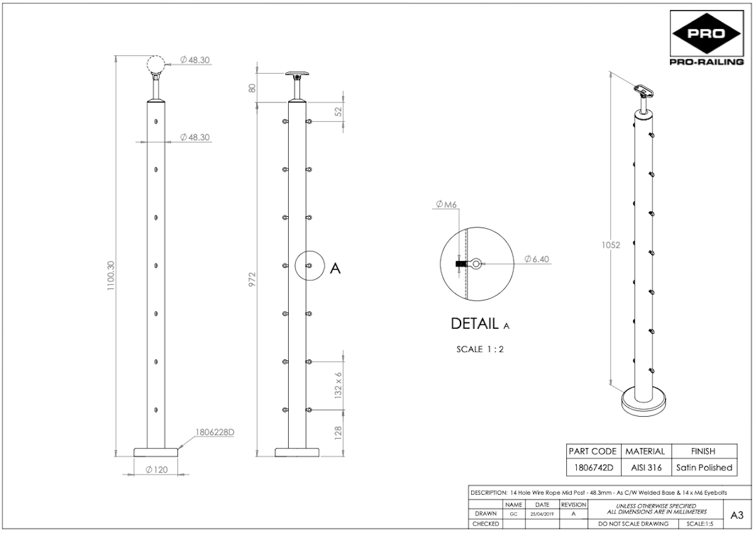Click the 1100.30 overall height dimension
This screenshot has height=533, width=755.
pyautogui.click(x=111, y=275)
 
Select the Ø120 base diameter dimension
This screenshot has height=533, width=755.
pyautogui.click(x=157, y=470)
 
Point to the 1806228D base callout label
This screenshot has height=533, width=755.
pyautogui.click(x=215, y=432)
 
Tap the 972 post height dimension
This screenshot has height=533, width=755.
pyautogui.click(x=252, y=280)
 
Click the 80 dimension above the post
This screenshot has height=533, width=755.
pyautogui.click(x=252, y=88)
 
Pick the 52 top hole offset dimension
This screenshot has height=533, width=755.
pyautogui.click(x=338, y=111)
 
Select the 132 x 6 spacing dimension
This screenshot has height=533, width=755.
pyautogui.click(x=338, y=385)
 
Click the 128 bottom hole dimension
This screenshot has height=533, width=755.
pyautogui.click(x=338, y=433)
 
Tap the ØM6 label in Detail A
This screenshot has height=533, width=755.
pyautogui.click(x=446, y=204)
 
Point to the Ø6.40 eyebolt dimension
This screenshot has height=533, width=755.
pyautogui.click(x=537, y=259)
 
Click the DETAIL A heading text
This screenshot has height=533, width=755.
pyautogui.click(x=480, y=324)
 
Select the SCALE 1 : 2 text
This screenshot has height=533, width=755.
pyautogui.click(x=480, y=349)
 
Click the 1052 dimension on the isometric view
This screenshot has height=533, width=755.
pyautogui.click(x=611, y=245)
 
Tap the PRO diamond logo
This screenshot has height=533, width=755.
pyautogui.click(x=707, y=33)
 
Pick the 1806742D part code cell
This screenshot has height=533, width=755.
pyautogui.click(x=593, y=468)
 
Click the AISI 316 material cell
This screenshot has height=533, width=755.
pyautogui.click(x=646, y=468)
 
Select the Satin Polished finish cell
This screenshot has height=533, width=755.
pyautogui.click(x=704, y=468)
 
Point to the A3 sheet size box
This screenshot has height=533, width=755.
pyautogui.click(x=737, y=515)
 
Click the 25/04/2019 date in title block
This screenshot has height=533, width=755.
pyautogui.click(x=542, y=514)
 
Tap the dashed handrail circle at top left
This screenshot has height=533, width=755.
pyautogui.click(x=156, y=64)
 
